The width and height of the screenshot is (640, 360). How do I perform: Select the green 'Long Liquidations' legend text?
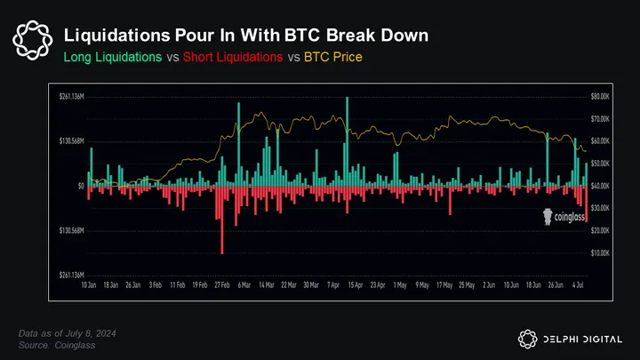(x=113, y=58)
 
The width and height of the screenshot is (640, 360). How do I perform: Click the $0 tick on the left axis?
(x=81, y=186)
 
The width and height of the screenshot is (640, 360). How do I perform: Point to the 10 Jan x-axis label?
(x=89, y=286)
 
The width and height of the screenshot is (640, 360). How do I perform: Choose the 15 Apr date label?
(x=355, y=286)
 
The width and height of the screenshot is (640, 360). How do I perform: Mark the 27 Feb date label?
(x=222, y=286)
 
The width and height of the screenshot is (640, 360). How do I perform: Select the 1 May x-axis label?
(x=400, y=286)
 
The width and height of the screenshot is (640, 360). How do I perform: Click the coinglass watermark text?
(x=566, y=215)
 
